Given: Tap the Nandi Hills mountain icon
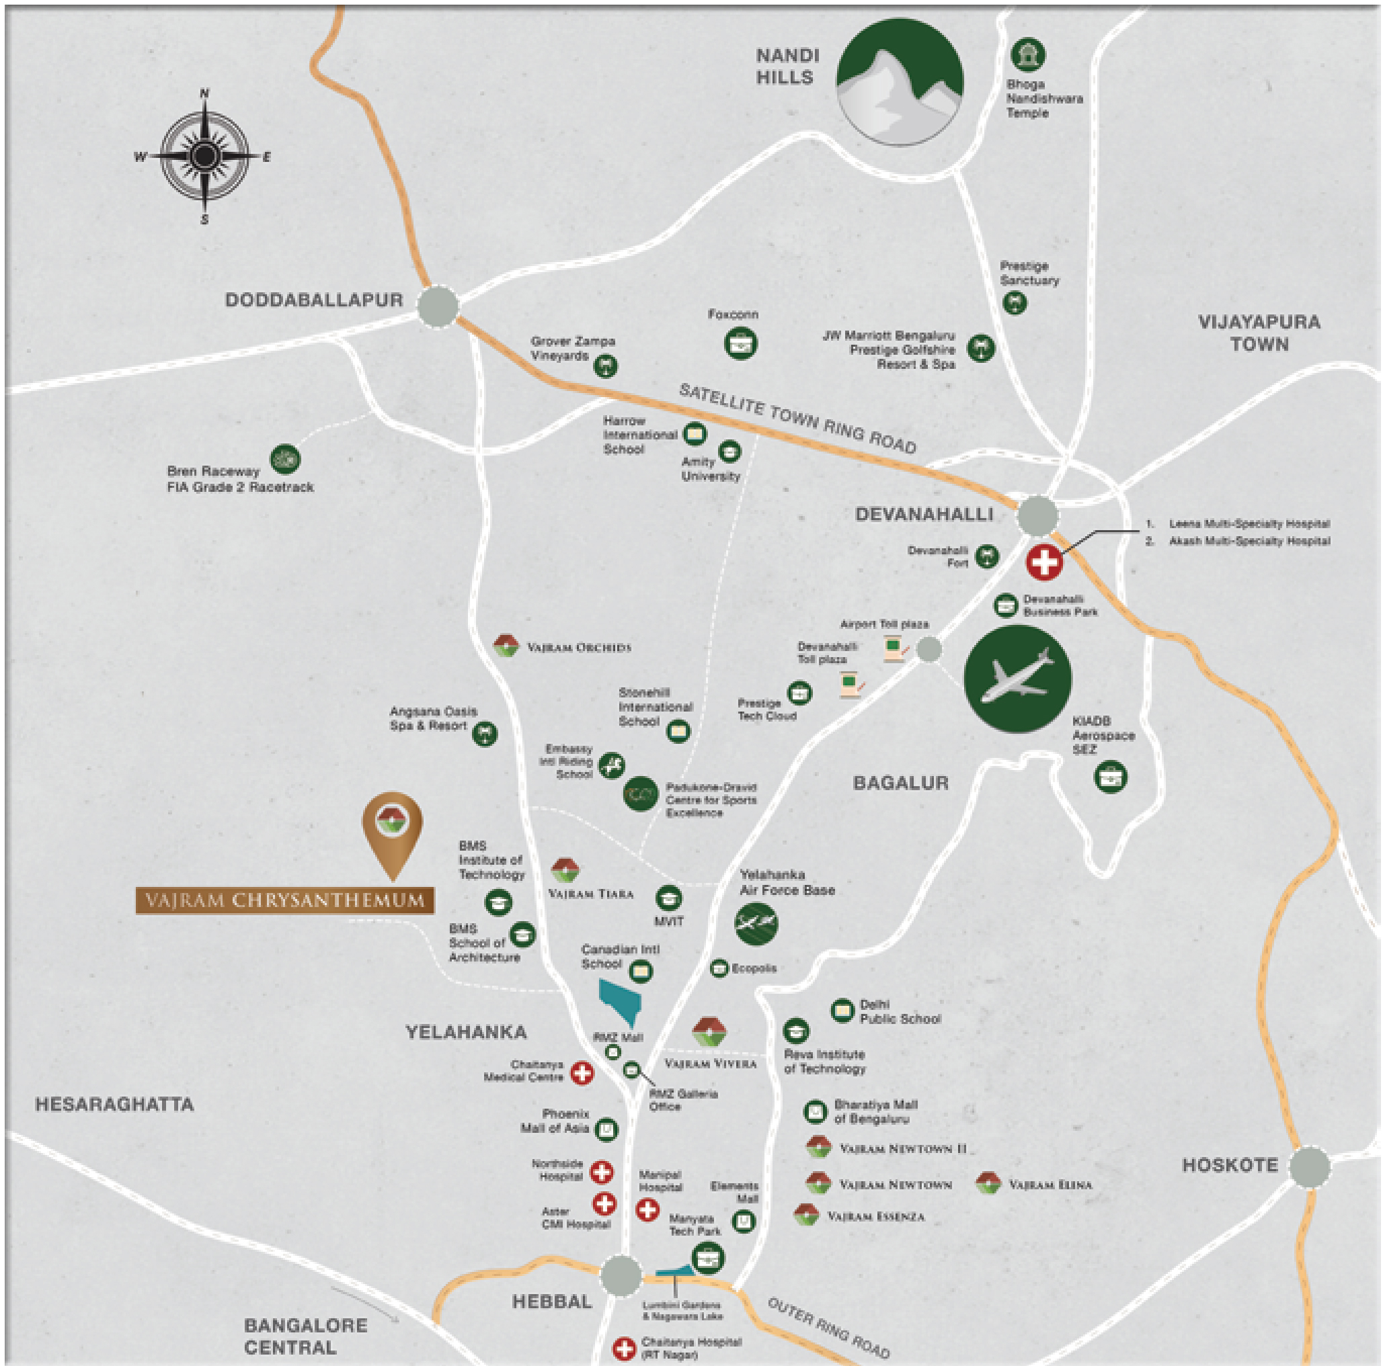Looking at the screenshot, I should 900,81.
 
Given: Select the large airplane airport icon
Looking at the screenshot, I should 1017,679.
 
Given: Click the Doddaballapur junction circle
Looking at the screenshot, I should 438,306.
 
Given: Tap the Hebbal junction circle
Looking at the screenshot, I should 621,1275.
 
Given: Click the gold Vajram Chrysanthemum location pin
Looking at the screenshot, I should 391,830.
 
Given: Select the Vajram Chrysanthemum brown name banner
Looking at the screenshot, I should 285,900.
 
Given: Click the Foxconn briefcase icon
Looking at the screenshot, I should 740,343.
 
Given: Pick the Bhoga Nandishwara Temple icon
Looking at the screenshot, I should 1028,55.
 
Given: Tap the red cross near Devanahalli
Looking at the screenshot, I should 1043,562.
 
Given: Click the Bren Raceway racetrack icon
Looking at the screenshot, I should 285,459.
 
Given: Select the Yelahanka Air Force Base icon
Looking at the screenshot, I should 756,923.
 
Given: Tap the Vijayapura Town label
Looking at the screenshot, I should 1259,333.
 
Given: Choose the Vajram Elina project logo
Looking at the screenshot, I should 988,1183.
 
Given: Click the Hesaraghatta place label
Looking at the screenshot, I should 114,1104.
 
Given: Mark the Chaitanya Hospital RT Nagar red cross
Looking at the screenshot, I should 624,1349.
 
